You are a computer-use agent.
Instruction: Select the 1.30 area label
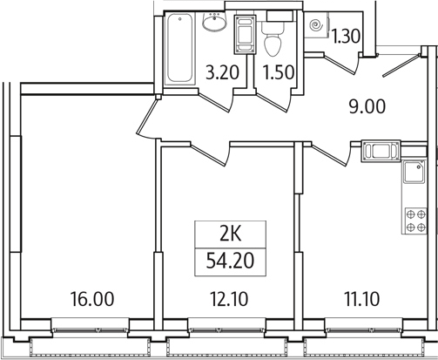click(x=347, y=37)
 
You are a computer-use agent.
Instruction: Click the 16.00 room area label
click(x=92, y=299)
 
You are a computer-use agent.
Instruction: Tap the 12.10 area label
click(x=228, y=299)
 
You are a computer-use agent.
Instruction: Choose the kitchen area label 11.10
click(x=361, y=299)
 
